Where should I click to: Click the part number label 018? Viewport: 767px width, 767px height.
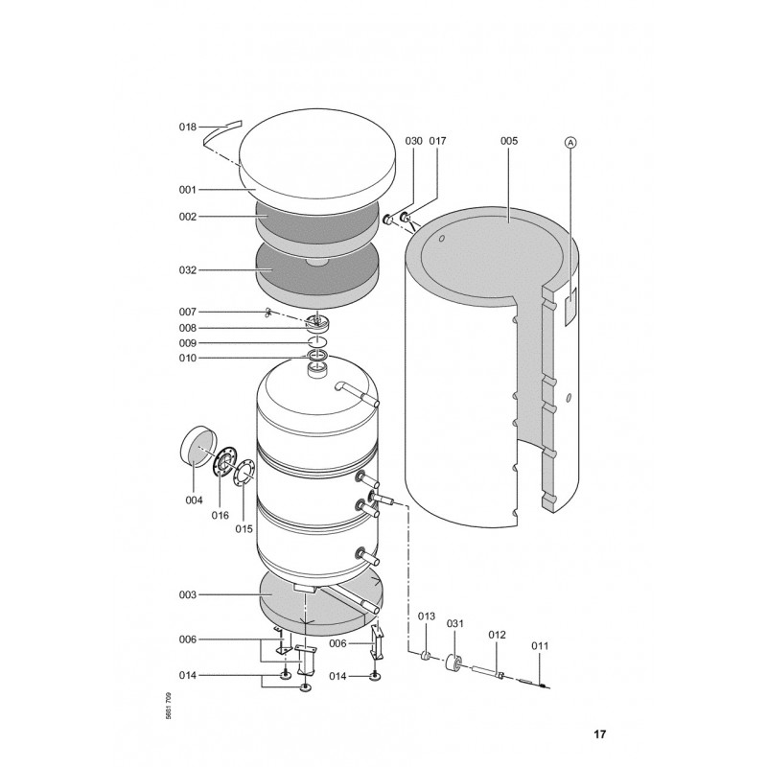[187, 128]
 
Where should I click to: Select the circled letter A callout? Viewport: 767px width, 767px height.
[570, 142]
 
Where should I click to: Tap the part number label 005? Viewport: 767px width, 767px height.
[509, 141]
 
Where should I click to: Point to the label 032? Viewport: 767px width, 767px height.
[187, 270]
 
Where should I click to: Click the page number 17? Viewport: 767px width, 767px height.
[600, 734]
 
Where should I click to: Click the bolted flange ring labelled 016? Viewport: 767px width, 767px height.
[224, 461]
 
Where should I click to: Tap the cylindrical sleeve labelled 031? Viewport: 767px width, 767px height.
[453, 662]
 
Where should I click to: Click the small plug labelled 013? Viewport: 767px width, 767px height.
[426, 655]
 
